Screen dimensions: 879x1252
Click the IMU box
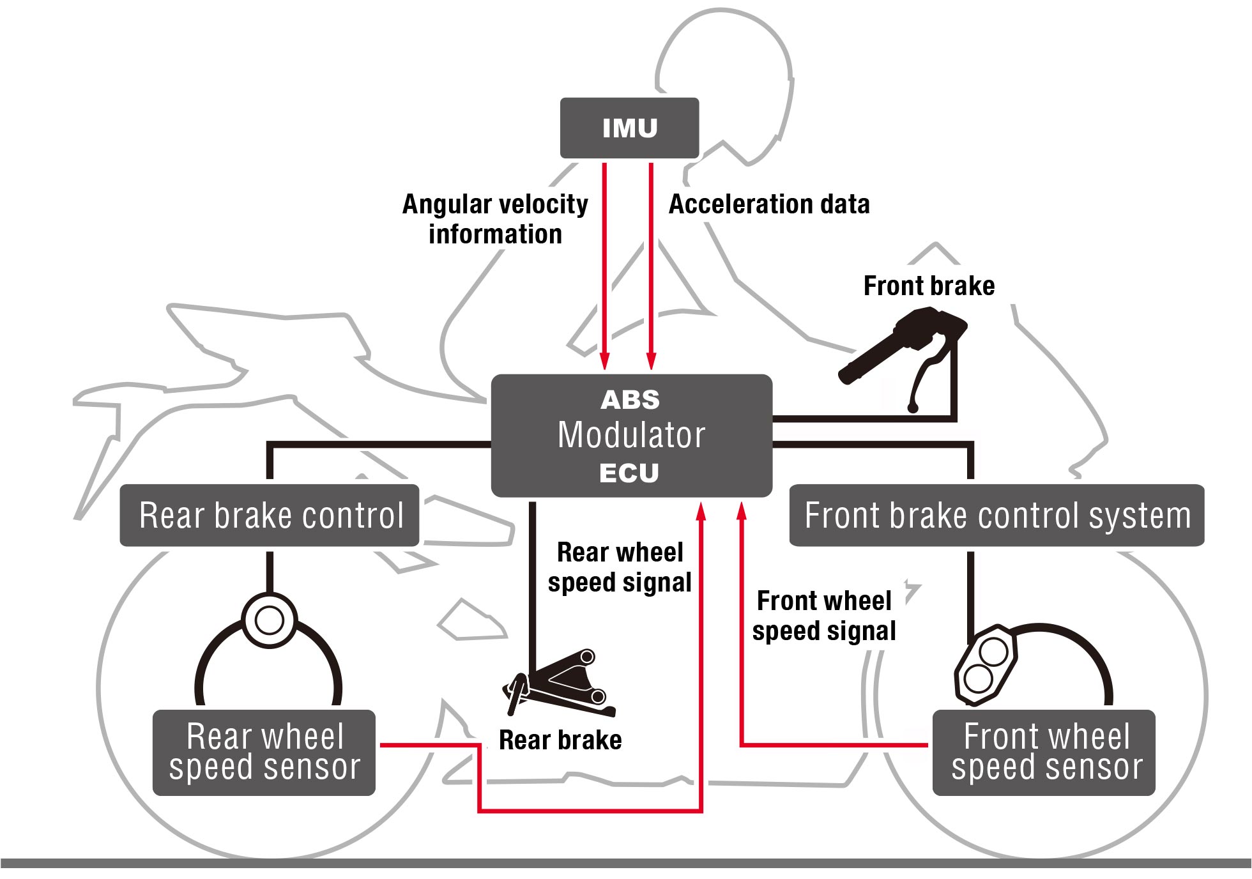(629, 128)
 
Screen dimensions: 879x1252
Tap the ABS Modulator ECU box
(631, 436)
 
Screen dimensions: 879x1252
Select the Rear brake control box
(270, 515)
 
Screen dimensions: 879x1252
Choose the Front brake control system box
(996, 515)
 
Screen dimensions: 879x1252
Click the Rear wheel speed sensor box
(264, 752)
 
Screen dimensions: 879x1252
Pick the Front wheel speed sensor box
(1044, 752)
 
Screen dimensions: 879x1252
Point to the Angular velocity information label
(495, 219)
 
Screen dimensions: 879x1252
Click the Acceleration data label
(769, 204)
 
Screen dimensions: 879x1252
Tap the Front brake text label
(929, 286)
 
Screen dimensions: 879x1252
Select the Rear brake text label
(560, 740)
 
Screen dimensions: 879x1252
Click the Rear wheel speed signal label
(620, 567)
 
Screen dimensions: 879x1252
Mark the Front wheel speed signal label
(824, 616)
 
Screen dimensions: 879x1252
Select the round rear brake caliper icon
(270, 620)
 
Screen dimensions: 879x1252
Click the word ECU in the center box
(629, 473)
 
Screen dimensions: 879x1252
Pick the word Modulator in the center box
(631, 436)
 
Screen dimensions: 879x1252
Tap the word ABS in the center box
(630, 400)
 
